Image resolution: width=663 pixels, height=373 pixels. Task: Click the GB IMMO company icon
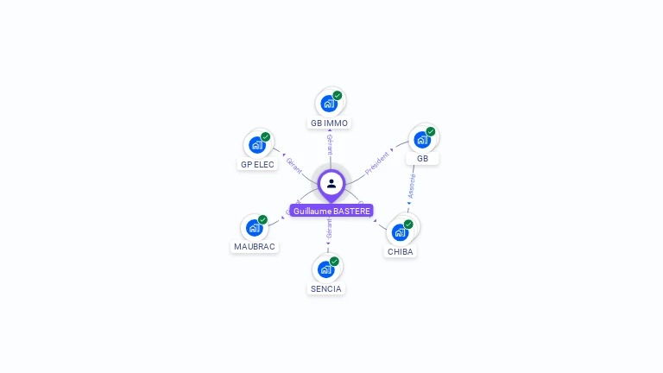point(329,104)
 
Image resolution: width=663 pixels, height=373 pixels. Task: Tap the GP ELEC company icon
point(256,145)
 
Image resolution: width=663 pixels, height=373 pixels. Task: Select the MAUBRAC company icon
point(254,228)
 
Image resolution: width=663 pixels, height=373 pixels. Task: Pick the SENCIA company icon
point(325,269)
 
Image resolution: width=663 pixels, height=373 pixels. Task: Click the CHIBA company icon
point(400,232)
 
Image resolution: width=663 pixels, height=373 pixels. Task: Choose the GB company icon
point(422,140)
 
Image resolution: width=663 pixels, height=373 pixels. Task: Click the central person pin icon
point(331,183)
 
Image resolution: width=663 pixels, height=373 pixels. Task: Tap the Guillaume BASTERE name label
point(331,211)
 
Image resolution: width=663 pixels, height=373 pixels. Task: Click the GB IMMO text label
point(329,123)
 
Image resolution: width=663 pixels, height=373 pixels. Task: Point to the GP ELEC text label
point(257,164)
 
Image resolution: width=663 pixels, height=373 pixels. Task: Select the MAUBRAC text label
point(255,247)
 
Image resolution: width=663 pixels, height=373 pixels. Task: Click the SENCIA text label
point(326,288)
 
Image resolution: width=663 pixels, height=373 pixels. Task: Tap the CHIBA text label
point(400,252)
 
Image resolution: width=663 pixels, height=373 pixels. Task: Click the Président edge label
point(378,162)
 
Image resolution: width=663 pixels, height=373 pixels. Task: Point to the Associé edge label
point(412,187)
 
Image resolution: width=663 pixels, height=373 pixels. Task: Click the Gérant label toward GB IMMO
point(330,144)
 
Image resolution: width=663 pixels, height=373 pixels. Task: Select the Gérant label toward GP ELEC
point(294,166)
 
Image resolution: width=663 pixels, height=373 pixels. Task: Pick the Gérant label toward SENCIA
point(329,230)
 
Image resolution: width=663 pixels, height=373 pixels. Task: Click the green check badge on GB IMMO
point(338,96)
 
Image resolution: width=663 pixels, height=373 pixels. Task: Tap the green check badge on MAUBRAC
point(262,220)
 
